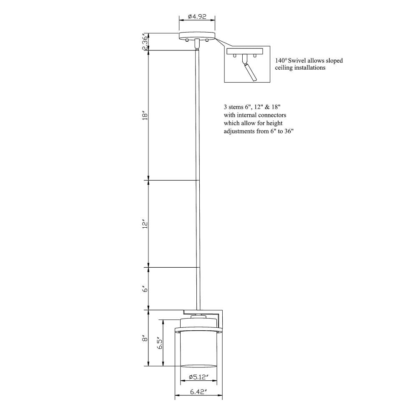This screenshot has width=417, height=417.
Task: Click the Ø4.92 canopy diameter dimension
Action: click(x=197, y=17)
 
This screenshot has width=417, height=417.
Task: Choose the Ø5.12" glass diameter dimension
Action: click(x=198, y=377)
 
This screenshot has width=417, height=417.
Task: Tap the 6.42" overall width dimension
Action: click(x=198, y=392)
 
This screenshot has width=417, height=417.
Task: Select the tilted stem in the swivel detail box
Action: click(x=250, y=71)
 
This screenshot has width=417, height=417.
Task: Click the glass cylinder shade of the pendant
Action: click(x=198, y=350)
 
